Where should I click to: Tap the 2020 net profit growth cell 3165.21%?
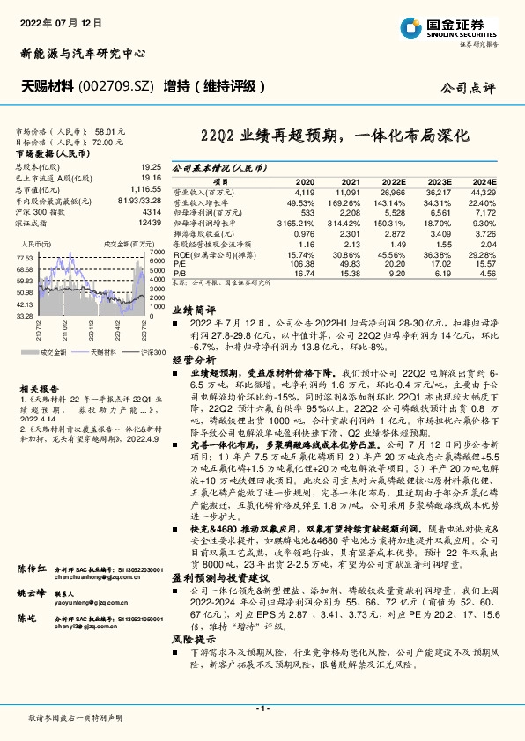[296, 224]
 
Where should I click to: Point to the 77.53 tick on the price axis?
[25, 258]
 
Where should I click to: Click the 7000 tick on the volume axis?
[158, 252]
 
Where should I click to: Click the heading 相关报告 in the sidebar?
[40, 387]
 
